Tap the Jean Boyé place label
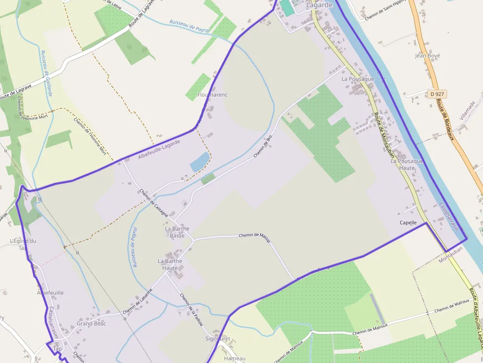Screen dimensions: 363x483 pyautogui.click(x=427, y=56)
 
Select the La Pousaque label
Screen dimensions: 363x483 pyautogui.click(x=358, y=79)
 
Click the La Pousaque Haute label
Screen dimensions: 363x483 pyautogui.click(x=407, y=165)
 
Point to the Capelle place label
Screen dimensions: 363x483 pyautogui.click(x=408, y=223)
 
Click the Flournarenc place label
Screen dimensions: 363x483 pyautogui.click(x=212, y=95)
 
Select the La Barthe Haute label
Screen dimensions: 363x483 pyautogui.click(x=170, y=264)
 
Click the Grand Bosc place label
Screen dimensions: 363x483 pyautogui.click(x=91, y=324)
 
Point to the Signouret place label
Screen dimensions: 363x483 pyautogui.click(x=217, y=338)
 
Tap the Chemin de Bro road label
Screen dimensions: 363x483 pyautogui.click(x=263, y=146)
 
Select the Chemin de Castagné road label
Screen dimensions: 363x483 pyautogui.click(x=154, y=203)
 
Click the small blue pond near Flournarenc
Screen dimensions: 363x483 pyautogui.click(x=199, y=162)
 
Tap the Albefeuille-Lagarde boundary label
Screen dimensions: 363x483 pyautogui.click(x=159, y=149)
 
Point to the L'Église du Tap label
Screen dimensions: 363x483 pyautogui.click(x=23, y=244)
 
